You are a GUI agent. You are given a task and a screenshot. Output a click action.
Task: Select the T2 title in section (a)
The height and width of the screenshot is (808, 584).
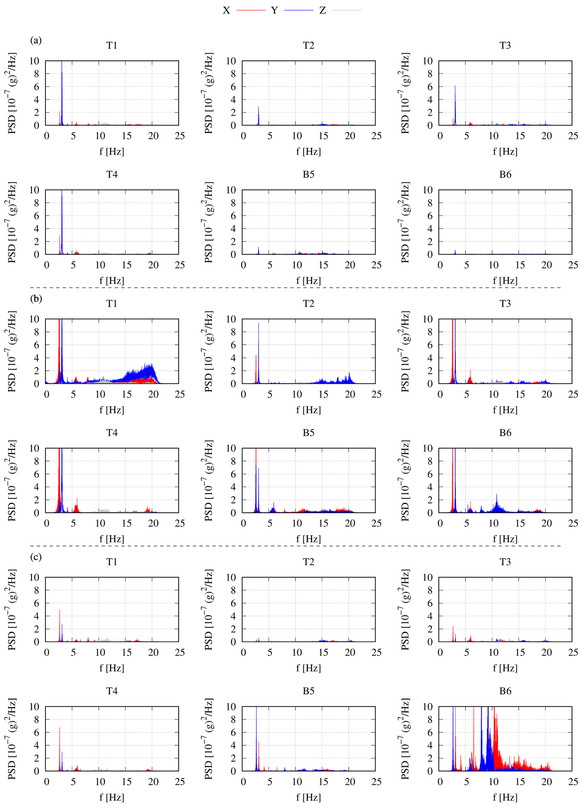click(309, 46)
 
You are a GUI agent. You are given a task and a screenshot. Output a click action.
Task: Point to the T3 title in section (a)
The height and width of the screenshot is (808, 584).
click(505, 46)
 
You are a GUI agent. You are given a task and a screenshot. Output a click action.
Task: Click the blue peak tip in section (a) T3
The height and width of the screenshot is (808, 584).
click(455, 86)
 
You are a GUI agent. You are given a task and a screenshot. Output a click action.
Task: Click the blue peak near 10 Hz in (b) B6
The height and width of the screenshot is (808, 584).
click(497, 494)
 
